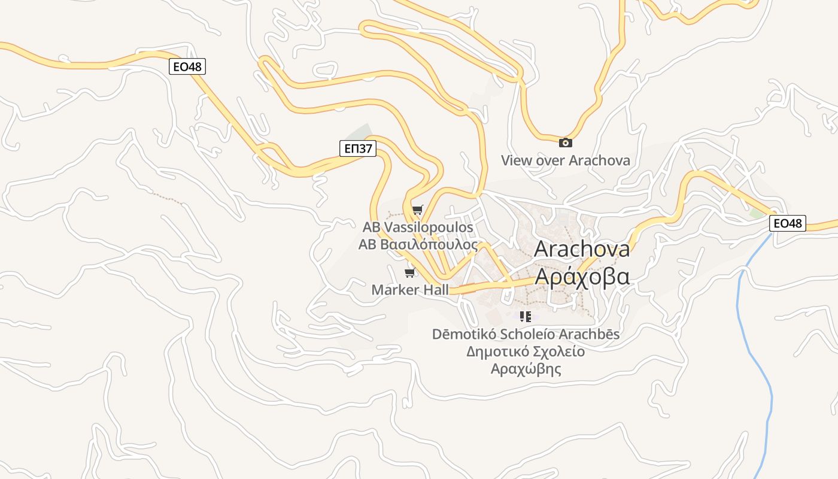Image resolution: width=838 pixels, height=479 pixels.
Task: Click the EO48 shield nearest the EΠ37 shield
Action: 187,66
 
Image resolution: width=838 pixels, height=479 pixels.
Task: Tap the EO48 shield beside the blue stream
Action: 788,223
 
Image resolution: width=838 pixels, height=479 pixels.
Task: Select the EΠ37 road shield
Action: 357,148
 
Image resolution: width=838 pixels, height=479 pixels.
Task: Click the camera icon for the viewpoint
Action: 565,143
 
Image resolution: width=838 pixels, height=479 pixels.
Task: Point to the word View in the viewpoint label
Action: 516,160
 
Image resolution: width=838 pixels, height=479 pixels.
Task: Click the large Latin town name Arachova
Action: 581,248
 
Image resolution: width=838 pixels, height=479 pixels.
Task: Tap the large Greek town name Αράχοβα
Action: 581,277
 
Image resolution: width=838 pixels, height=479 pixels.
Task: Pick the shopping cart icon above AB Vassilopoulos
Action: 417,210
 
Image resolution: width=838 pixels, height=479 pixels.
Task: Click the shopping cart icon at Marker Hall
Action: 410,273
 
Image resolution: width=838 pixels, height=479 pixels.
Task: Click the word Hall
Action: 436,290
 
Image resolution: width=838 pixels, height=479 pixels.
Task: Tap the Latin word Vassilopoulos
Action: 428,228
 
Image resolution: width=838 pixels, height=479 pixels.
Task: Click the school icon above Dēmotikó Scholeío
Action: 526,317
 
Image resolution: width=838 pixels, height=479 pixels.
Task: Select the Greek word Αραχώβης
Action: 526,368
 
